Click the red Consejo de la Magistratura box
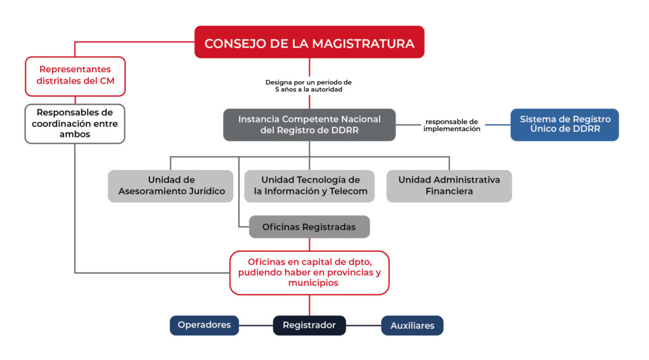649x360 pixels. (309, 42)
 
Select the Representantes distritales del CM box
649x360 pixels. (75, 77)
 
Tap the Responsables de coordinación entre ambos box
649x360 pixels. (75, 124)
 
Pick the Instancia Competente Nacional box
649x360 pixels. (309, 125)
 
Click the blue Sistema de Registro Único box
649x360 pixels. (565, 125)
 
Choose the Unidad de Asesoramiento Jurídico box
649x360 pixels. (170, 186)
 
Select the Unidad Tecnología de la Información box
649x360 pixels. (309, 186)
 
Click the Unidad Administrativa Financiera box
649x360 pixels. (449, 186)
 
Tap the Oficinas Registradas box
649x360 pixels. (309, 227)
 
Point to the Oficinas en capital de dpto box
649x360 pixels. (309, 273)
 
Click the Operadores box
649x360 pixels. (204, 325)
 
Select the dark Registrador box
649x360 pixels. (309, 325)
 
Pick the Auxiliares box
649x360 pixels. (412, 325)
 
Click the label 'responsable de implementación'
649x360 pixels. (451, 125)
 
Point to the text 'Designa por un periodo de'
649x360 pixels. (309, 82)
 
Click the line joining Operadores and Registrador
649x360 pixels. (256, 325)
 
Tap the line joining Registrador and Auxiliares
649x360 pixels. (363, 325)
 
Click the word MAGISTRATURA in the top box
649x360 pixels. (363, 44)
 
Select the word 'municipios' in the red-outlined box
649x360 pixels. (313, 283)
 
